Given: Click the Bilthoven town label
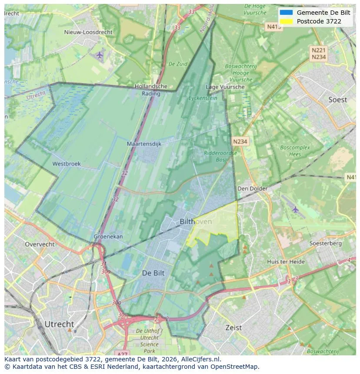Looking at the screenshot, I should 196,222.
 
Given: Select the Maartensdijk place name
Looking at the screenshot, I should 144,143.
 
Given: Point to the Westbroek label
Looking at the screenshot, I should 67,164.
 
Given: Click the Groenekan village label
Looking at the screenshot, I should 108,237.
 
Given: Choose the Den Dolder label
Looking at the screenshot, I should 252,189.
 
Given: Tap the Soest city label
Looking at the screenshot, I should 337,99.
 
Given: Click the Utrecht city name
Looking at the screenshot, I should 59,324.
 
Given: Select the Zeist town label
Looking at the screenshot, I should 233,328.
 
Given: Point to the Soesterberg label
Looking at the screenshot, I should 325,243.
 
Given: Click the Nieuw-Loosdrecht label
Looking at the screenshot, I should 88,32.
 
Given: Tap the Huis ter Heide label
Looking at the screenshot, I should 286,261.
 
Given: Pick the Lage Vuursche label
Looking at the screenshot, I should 225,87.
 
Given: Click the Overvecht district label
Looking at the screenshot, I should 40,244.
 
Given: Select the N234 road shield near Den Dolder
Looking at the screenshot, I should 240,142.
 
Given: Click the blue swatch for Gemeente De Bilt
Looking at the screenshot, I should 287,13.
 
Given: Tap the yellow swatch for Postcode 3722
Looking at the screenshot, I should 287,21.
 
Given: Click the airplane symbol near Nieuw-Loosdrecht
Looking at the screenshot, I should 100,55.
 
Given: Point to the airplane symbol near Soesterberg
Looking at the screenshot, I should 296,209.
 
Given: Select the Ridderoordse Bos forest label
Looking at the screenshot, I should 220,156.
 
